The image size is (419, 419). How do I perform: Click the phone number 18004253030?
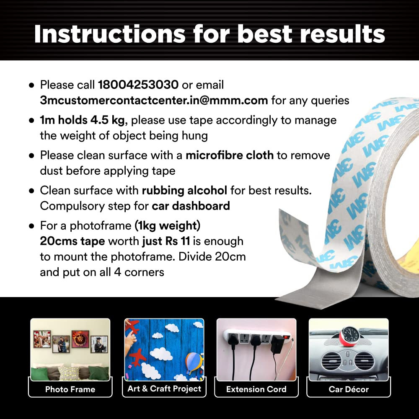tap(138, 85)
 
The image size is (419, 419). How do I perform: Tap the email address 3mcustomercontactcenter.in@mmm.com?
tap(154, 100)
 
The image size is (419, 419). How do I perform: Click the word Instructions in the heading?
tap(110, 34)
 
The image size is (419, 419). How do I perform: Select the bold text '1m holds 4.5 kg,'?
tap(84, 120)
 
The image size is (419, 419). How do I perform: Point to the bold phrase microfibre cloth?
tap(230, 155)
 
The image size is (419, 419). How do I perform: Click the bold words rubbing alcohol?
tap(184, 191)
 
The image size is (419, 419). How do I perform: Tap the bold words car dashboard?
tap(191, 206)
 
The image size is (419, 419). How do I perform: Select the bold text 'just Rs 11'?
tap(166, 241)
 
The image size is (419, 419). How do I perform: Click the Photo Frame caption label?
tap(70, 389)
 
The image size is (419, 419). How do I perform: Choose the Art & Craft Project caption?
tap(164, 388)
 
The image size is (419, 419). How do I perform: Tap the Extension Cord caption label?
tap(256, 389)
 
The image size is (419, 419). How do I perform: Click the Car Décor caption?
tap(349, 389)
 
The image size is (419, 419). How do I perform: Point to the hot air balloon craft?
tap(193, 362)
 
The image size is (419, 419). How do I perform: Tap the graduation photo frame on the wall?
tap(99, 344)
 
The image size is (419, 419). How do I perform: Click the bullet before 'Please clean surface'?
tap(32, 155)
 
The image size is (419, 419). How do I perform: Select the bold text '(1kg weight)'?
tap(168, 226)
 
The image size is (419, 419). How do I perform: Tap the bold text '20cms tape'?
tap(72, 241)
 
